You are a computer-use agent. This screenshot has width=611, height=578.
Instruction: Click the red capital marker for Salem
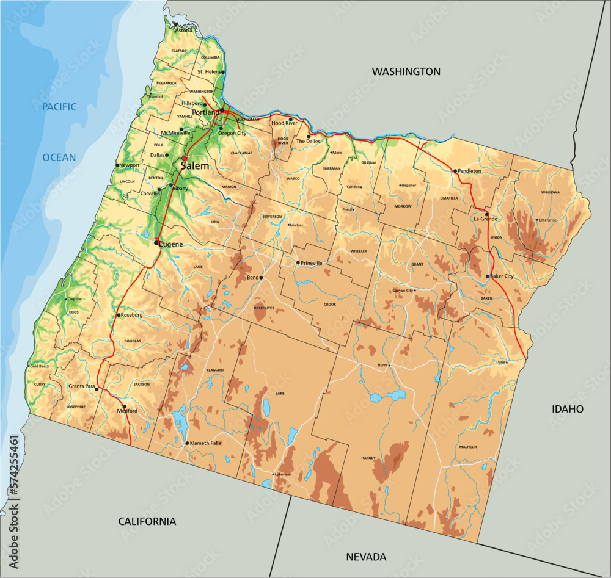(184, 158)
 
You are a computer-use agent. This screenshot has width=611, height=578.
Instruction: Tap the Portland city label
(205, 113)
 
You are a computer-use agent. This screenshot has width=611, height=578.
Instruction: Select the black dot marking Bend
(261, 278)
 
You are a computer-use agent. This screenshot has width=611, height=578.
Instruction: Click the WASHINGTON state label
(406, 71)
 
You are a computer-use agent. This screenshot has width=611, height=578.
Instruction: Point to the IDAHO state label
(567, 409)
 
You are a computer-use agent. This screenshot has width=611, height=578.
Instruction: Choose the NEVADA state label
(366, 557)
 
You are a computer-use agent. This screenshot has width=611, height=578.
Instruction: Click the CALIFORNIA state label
(147, 521)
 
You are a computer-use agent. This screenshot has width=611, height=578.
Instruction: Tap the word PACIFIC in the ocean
(59, 107)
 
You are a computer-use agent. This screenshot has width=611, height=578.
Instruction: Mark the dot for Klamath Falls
(186, 443)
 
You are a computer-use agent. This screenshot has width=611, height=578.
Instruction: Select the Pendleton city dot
(455, 171)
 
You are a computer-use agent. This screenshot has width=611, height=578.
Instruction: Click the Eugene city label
(172, 244)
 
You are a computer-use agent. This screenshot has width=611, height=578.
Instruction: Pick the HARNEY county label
(368, 457)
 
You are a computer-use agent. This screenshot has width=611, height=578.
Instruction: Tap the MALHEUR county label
(467, 447)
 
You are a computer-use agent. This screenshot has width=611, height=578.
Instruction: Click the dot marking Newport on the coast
(117, 165)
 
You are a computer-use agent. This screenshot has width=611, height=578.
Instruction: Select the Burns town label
(383, 365)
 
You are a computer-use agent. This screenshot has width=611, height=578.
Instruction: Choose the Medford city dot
(125, 406)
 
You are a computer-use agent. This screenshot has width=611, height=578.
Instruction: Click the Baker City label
(502, 276)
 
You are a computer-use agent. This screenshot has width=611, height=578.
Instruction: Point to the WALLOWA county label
(550, 192)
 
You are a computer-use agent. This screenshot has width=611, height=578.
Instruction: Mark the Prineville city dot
(298, 263)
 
